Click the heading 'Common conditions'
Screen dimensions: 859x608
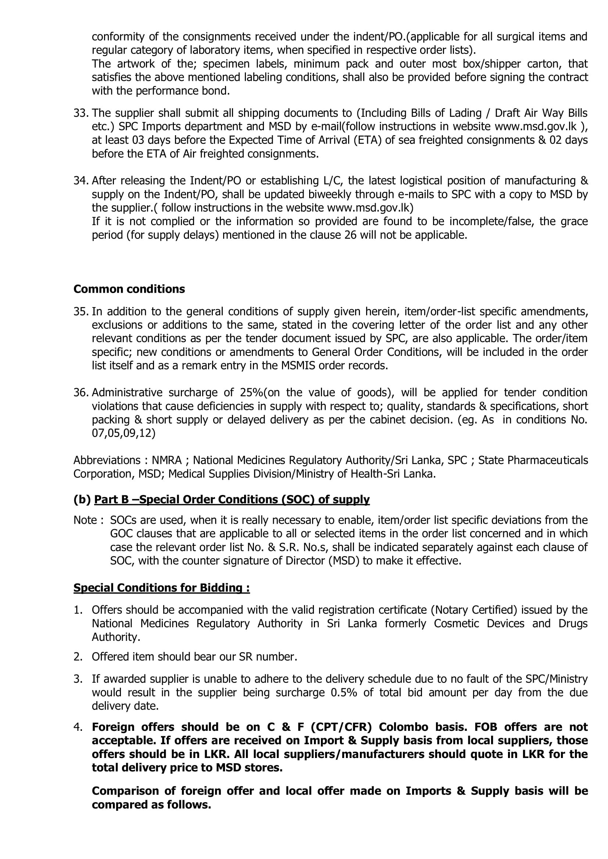coord(129,289)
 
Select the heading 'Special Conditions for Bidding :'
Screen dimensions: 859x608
coord(161,588)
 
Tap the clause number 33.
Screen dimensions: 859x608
coord(81,113)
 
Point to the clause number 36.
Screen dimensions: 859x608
coord(81,393)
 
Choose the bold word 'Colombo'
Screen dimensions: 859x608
coord(404,727)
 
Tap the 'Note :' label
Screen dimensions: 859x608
coord(88,520)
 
